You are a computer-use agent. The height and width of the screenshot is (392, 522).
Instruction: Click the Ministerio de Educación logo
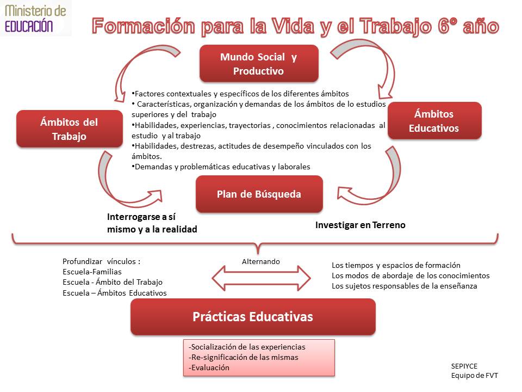[x=35, y=19]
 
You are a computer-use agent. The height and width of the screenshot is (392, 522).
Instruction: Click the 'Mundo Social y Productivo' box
[x=259, y=64]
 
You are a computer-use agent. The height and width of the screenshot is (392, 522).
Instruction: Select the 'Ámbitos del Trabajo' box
[x=69, y=129]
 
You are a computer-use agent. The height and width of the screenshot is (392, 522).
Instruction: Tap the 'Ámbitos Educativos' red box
[x=434, y=121]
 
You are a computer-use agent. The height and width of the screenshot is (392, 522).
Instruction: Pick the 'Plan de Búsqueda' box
[x=259, y=194]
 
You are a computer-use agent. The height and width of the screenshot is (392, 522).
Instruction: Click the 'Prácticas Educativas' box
[x=253, y=317]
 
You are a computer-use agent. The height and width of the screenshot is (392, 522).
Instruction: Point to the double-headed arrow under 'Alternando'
[x=261, y=278]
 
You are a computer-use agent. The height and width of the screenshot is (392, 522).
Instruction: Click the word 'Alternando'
[x=260, y=262]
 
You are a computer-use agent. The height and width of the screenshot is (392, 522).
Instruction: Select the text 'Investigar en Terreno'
[x=360, y=225]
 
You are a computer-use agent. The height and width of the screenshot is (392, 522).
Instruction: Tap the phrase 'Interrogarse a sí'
[x=141, y=217]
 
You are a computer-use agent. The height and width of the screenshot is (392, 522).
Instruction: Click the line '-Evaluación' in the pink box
[x=209, y=367]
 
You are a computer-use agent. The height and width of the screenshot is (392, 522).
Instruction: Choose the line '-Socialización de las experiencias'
[x=247, y=347]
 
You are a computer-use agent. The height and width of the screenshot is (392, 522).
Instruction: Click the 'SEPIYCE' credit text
[x=464, y=366]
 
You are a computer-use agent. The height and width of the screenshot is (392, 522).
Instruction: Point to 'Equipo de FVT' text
[x=474, y=375]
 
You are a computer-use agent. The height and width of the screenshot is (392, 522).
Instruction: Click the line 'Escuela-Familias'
[x=92, y=272]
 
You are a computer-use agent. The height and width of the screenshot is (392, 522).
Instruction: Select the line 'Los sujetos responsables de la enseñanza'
[x=404, y=286]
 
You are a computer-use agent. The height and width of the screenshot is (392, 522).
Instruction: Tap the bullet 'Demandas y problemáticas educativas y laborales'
[x=221, y=167]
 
